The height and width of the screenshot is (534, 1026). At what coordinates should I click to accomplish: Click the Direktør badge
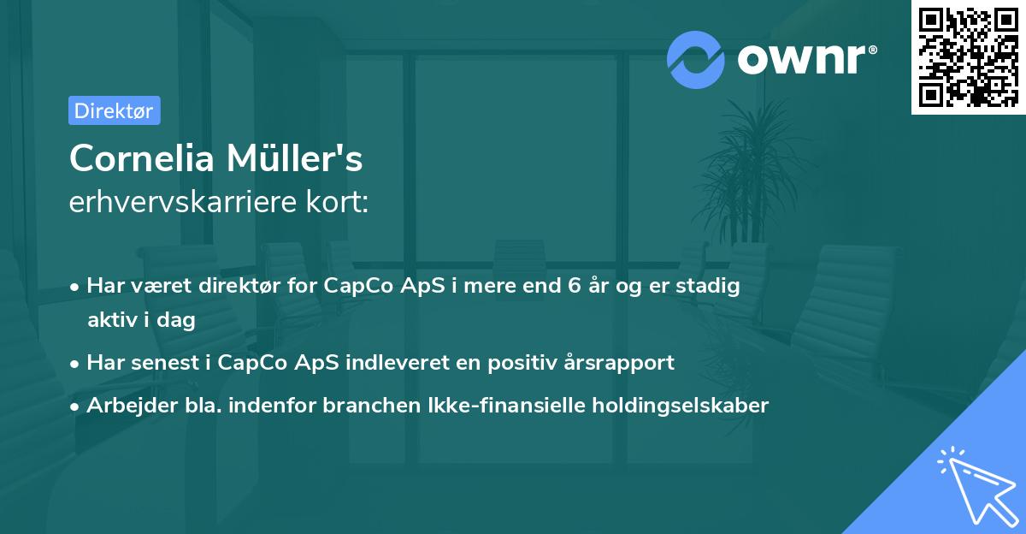[114, 110]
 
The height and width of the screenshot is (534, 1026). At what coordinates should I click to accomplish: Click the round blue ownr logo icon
[695, 59]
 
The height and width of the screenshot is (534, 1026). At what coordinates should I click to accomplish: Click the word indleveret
[405, 363]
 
